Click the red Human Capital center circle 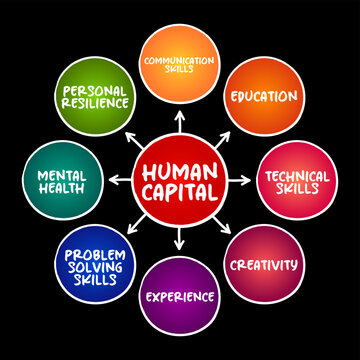coord(180,180)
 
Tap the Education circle coord(263,97)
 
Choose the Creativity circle coord(263,264)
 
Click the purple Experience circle coord(180,298)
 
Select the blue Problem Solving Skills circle coord(96,264)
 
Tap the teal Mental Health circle coord(62,180)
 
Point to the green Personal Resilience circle coord(96,97)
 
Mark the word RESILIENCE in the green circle coord(96,104)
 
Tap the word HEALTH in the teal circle coord(62,188)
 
